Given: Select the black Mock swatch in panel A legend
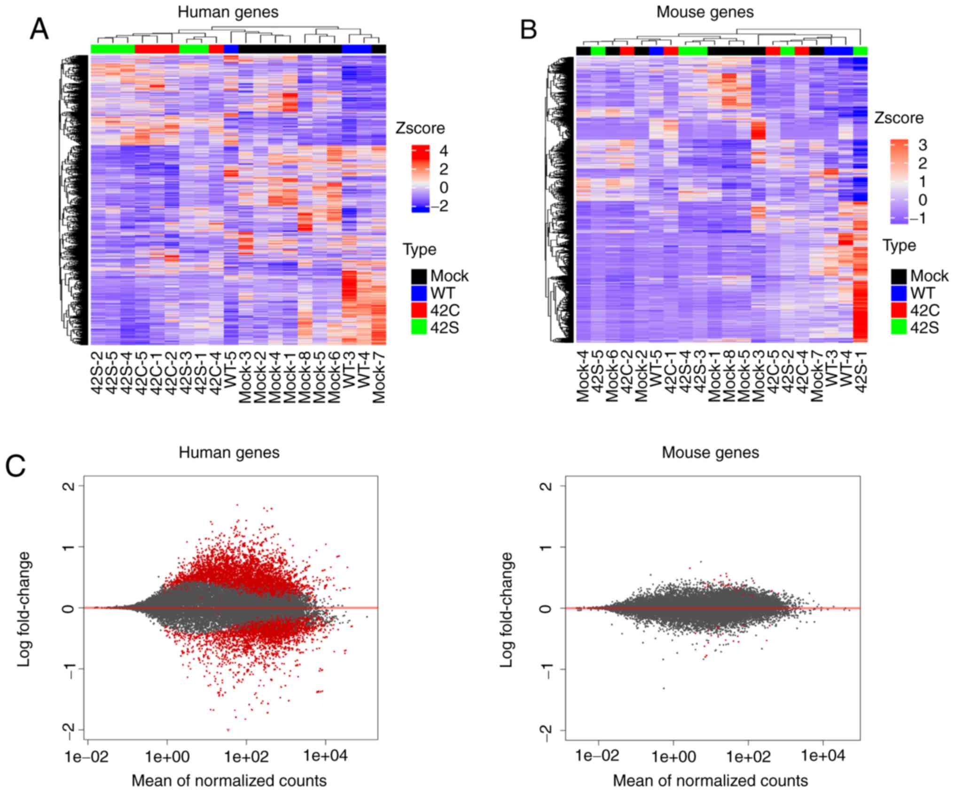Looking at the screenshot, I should pyautogui.click(x=419, y=276).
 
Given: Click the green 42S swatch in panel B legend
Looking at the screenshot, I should pyautogui.click(x=898, y=327).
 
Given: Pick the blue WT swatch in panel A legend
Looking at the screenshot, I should pyautogui.click(x=419, y=293).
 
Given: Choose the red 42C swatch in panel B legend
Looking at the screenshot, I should pyautogui.click(x=898, y=310).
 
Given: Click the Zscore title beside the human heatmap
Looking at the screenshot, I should pyautogui.click(x=420, y=128).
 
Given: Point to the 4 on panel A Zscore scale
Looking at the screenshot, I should pyautogui.click(x=443, y=151).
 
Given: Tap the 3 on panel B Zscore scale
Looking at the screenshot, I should pyautogui.click(x=923, y=145).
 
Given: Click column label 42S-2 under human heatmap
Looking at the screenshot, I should pyautogui.click(x=97, y=376).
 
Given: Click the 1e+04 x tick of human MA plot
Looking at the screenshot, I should pyautogui.click(x=325, y=757).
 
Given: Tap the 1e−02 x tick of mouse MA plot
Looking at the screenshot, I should pyautogui.click(x=598, y=757).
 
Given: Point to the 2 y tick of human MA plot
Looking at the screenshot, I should pyautogui.click(x=69, y=486).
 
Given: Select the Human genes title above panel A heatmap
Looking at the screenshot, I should pyautogui.click(x=228, y=12).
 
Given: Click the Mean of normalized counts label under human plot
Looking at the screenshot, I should pyautogui.click(x=229, y=781).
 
